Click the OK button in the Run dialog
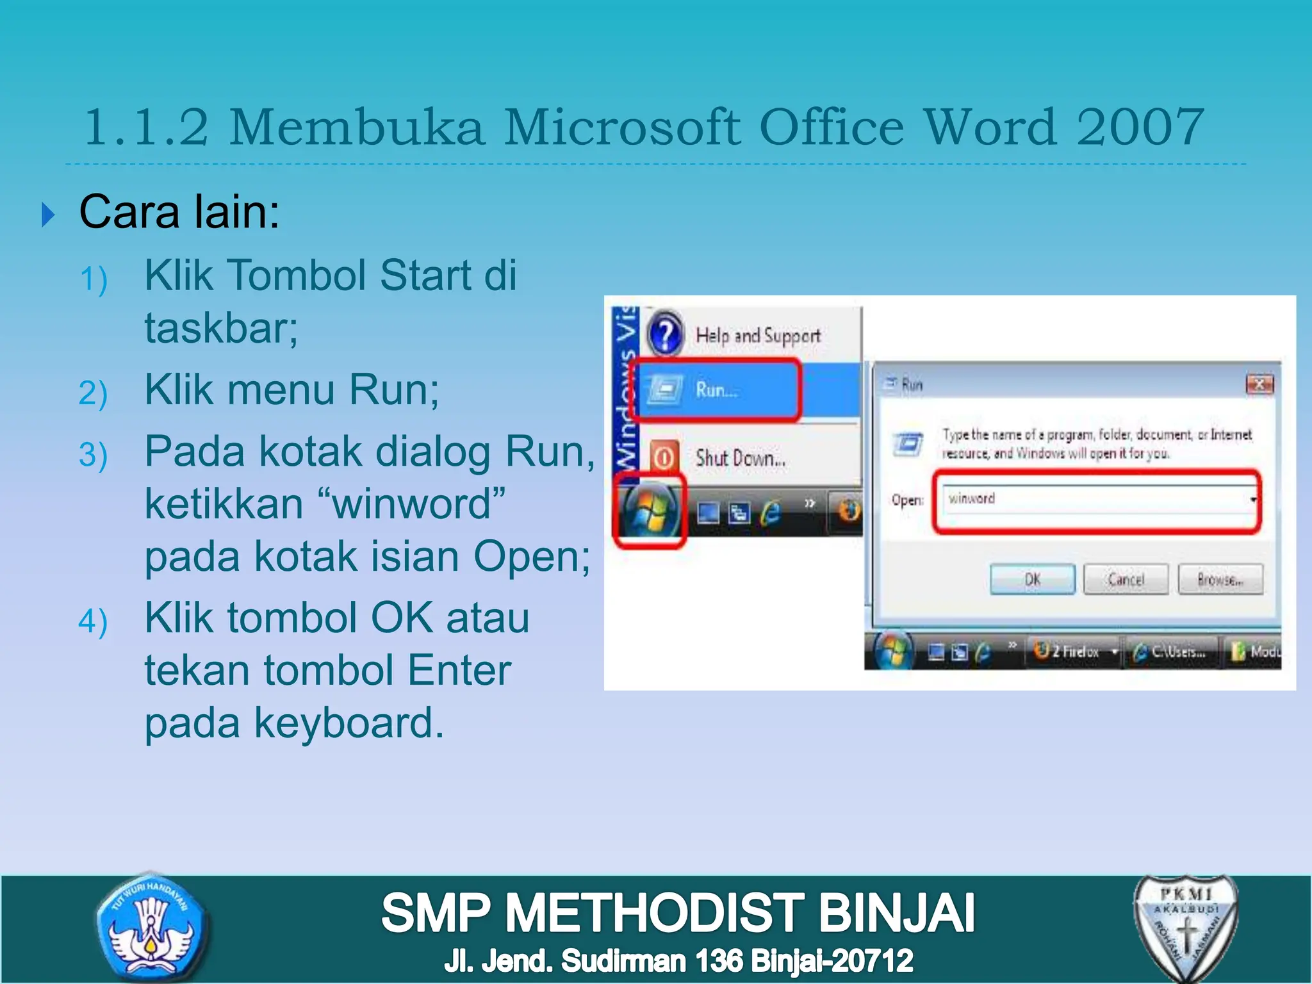[x=1032, y=580]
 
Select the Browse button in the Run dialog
[x=1220, y=580]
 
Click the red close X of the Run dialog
[x=1259, y=384]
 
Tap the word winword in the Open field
[x=972, y=498]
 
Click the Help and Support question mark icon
[x=666, y=334]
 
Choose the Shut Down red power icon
[x=664, y=457]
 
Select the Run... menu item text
[x=716, y=389]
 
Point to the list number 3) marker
[x=93, y=455]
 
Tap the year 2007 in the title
[x=1140, y=127]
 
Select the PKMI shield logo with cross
[x=1186, y=928]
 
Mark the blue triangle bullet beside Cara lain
[x=47, y=215]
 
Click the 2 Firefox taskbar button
[x=1073, y=652]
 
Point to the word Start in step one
[x=424, y=275]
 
